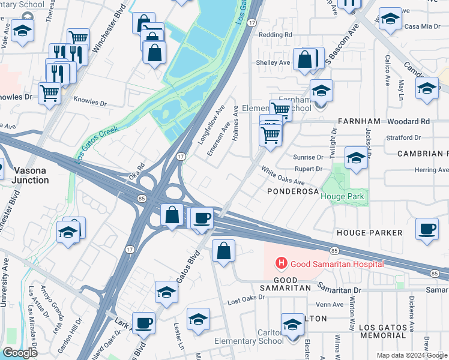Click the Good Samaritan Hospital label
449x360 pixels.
click(337, 263)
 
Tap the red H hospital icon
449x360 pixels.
click(280, 263)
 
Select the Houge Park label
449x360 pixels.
click(342, 196)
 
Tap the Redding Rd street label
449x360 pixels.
click(275, 35)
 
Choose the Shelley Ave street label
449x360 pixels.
click(273, 62)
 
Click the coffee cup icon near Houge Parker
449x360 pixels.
click(427, 230)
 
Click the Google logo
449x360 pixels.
click(20, 353)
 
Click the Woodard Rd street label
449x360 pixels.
click(408, 121)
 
